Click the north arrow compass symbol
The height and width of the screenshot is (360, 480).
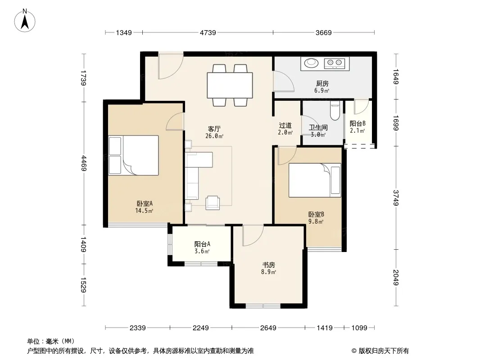25,21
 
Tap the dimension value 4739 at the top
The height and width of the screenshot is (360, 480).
208,32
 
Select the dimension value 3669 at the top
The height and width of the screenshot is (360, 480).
324,32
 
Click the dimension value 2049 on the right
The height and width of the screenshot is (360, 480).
396,277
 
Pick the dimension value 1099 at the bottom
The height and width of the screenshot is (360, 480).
359,328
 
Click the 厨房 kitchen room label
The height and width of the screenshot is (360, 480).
322,83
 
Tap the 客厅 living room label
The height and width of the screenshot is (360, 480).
214,129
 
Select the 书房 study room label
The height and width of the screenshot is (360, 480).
268,265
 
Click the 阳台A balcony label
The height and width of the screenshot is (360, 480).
202,244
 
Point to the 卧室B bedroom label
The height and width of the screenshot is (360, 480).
316,214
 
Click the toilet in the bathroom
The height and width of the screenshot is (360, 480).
335,111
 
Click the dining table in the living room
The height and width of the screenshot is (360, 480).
230,85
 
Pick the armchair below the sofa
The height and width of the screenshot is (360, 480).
213,203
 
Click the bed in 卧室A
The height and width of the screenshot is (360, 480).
133,155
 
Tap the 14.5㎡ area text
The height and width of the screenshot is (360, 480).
144,211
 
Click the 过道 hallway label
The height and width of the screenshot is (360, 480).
285,126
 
